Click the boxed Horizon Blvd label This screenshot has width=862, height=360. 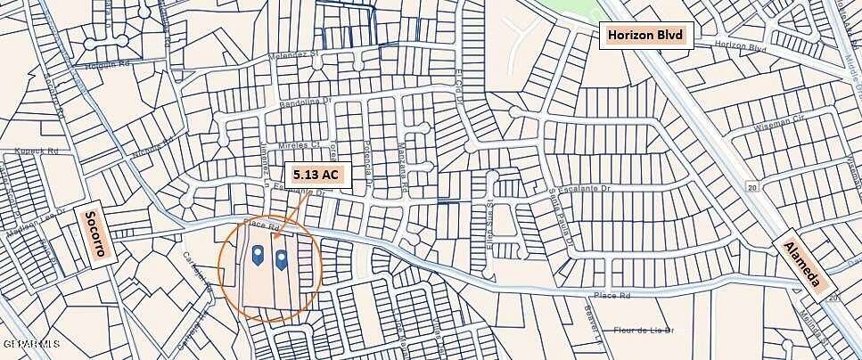click(x=646, y=35)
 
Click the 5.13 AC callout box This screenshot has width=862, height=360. click(x=315, y=175)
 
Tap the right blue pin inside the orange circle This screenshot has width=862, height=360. click(x=282, y=259)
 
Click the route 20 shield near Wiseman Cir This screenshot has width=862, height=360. click(x=752, y=187)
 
